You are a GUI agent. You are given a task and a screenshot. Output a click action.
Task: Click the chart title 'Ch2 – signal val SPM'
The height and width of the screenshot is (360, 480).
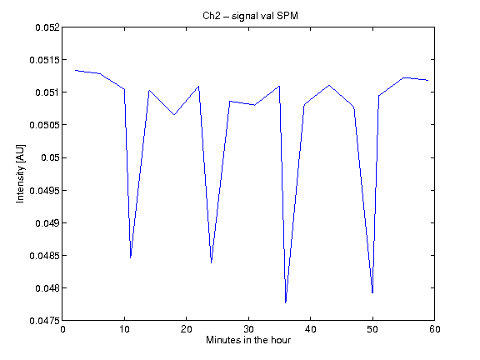point(250,16)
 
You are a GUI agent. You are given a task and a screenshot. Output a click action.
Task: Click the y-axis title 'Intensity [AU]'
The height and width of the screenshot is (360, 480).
point(21,173)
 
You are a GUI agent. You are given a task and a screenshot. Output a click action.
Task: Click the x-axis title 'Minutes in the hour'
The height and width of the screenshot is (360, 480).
point(248,340)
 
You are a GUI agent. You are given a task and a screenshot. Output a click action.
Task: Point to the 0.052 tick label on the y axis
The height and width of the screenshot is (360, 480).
point(47,27)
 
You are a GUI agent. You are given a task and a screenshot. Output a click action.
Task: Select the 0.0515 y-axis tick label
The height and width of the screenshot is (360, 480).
point(45,60)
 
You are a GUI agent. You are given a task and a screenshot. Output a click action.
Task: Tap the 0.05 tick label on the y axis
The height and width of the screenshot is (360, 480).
point(50,157)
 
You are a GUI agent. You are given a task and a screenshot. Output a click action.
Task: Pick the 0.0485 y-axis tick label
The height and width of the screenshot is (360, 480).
point(45,256)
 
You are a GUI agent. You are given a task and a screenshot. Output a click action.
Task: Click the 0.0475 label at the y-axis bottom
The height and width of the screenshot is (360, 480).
point(45,321)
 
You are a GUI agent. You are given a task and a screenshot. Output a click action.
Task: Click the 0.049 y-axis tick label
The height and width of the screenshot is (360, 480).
point(47,223)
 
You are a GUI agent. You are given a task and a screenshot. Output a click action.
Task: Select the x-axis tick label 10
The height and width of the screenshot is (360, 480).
point(124,329)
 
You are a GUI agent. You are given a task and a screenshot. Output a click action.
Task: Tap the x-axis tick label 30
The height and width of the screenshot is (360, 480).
point(248,329)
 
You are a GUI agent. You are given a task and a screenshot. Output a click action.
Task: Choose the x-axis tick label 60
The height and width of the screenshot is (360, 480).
point(434,329)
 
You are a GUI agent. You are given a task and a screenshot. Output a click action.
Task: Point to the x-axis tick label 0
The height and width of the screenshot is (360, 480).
point(62,329)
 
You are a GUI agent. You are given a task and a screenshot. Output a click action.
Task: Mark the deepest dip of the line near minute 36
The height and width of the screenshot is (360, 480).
point(286,302)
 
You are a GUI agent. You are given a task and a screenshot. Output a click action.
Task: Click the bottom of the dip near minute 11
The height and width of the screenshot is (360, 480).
point(131,257)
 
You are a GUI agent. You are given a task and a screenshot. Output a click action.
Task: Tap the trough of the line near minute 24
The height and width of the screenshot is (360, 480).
point(211,262)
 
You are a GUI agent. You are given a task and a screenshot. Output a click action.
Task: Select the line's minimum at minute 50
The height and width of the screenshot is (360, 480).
point(372,293)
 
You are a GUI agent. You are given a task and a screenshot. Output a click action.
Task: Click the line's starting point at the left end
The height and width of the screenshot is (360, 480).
point(75,70)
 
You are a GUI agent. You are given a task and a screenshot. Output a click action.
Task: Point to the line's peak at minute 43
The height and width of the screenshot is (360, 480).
point(329,85)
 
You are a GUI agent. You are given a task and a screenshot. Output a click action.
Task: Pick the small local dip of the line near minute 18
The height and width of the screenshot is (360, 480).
point(174,115)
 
